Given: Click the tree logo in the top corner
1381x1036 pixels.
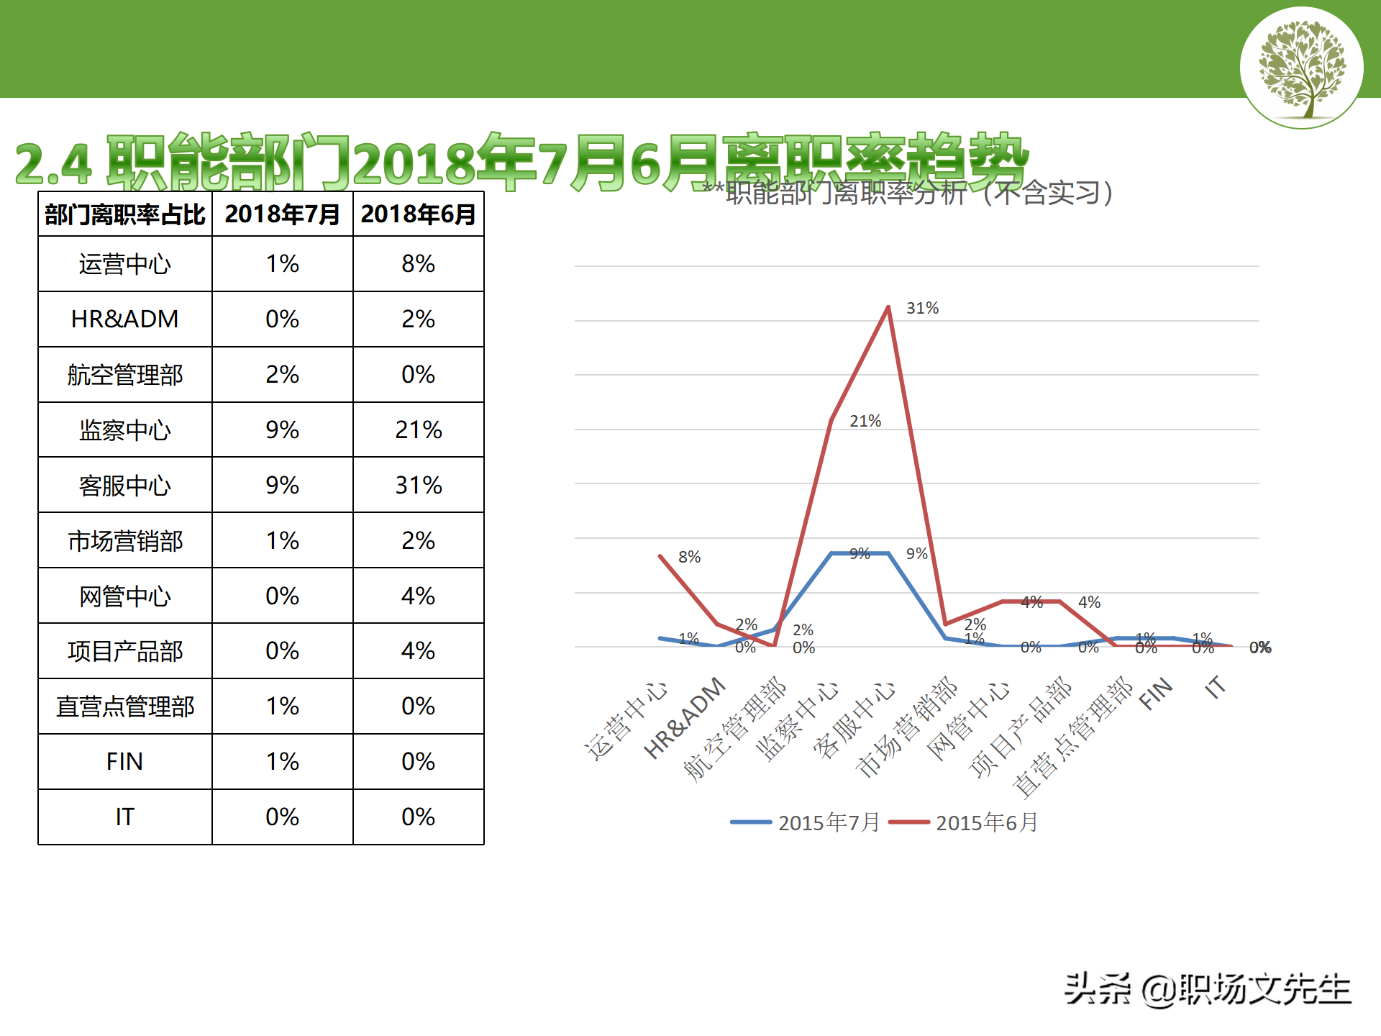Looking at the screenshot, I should [x=1301, y=68].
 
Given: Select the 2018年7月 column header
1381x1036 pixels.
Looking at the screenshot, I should [x=282, y=214].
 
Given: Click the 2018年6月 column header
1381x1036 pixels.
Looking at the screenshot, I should [x=418, y=214].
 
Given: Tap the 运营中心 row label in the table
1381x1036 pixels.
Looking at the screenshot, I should [x=124, y=264].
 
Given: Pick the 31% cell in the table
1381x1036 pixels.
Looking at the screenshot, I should [x=418, y=486].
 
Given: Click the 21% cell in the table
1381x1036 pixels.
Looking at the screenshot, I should [x=418, y=430].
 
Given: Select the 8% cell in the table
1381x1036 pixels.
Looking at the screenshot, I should [x=418, y=264].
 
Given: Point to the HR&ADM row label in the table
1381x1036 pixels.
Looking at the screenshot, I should [x=124, y=319].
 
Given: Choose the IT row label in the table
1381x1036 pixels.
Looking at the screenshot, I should [x=124, y=817].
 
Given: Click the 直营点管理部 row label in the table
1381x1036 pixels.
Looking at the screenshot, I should [x=124, y=706].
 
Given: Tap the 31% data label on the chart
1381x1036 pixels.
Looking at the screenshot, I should [x=922, y=309].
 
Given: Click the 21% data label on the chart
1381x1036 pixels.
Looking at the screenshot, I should [x=865, y=422].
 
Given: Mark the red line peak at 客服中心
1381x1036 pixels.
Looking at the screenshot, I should [x=888, y=308].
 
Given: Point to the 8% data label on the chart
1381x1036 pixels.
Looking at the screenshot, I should [x=689, y=557].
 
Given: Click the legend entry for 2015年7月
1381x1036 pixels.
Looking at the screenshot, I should [x=806, y=822].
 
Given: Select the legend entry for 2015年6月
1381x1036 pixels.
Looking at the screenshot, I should [x=964, y=822].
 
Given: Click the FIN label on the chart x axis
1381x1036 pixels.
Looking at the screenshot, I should [x=1156, y=694].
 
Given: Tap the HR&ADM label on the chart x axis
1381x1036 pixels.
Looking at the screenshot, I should [x=685, y=717].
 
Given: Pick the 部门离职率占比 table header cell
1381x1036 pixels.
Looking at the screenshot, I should [x=124, y=214].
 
